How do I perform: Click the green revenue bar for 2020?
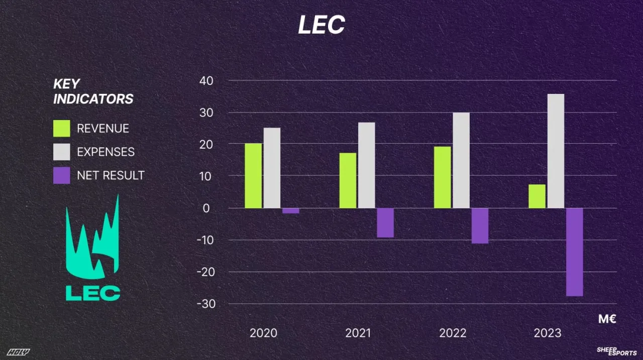tap(253, 176)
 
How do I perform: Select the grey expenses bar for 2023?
tap(556, 151)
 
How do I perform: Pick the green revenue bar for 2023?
tap(537, 196)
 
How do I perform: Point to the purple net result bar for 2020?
tap(290, 211)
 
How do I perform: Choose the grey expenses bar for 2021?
tap(367, 165)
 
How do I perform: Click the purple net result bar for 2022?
tap(480, 226)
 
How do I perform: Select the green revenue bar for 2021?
tap(348, 180)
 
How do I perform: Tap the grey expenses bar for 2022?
tap(461, 160)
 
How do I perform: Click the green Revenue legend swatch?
tap(62, 129)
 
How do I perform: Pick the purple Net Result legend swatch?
tap(62, 175)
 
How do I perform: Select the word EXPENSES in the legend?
tap(105, 152)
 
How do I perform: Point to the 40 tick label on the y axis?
tap(207, 80)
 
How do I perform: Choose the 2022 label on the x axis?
tap(453, 333)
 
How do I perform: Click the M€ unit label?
tap(607, 319)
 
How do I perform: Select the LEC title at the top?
tap(321, 25)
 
